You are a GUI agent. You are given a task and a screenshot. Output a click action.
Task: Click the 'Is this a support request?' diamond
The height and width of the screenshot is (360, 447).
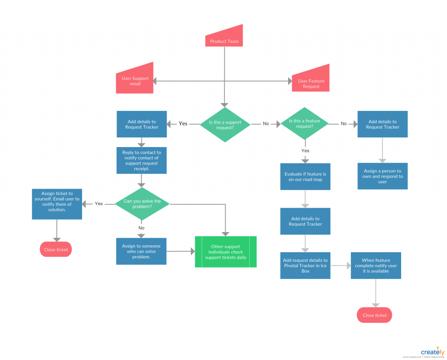[225, 124]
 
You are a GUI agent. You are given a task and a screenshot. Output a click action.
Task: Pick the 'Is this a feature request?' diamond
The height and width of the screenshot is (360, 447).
[304, 123]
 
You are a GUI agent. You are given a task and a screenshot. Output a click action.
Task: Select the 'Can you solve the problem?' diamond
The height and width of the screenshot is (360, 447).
[142, 204]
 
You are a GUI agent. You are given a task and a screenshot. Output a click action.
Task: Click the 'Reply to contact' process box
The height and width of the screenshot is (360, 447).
[141, 161]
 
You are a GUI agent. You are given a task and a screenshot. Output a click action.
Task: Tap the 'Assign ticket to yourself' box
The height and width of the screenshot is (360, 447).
[57, 204]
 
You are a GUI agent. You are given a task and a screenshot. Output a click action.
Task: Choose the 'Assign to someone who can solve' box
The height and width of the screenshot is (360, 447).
[141, 251]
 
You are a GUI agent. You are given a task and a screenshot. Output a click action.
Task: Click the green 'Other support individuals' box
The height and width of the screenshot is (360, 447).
[226, 252]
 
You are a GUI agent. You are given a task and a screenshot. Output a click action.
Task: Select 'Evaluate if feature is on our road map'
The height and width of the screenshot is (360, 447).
[305, 177]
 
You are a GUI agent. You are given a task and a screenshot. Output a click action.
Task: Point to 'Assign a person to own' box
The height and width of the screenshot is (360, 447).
[382, 176]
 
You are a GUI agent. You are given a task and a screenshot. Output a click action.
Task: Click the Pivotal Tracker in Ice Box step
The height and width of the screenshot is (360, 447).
[305, 265]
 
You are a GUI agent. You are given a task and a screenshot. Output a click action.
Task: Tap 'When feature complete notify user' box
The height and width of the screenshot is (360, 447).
[376, 265]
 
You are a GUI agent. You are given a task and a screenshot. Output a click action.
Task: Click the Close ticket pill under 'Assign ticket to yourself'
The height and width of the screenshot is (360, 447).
[56, 250]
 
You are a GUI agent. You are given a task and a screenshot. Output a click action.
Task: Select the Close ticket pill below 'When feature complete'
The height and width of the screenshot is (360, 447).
[375, 315]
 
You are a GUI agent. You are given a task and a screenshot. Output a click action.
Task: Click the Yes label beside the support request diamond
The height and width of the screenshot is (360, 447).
[183, 123]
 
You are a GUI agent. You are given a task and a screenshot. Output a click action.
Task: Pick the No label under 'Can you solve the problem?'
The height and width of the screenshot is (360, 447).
[141, 228]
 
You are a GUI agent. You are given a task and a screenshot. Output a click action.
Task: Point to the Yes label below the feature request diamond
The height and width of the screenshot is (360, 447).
[305, 151]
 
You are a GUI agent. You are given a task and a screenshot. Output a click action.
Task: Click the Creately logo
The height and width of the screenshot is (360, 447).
[432, 352]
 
